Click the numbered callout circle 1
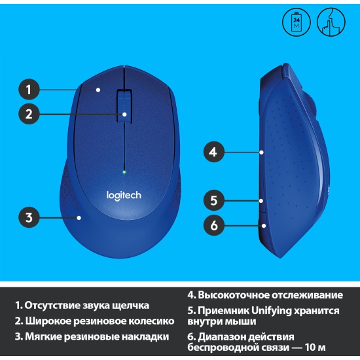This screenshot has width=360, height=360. [29, 89]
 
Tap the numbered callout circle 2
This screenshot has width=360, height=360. [29, 114]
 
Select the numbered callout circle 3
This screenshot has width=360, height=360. [29, 217]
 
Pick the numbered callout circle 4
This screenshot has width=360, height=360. [214, 152]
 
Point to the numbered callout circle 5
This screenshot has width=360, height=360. [214, 200]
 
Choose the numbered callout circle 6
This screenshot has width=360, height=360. [214, 225]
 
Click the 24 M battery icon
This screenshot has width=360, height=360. [297, 22]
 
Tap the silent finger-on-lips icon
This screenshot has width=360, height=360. [331, 22]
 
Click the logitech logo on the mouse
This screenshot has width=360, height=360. [124, 196]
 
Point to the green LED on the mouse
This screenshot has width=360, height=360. [124, 172]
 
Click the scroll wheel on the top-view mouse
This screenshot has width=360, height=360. [124, 107]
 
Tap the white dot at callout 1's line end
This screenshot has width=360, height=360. [98, 90]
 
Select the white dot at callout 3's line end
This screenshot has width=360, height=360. [79, 218]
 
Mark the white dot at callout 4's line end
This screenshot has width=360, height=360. [262, 153]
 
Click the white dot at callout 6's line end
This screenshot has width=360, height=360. [264, 226]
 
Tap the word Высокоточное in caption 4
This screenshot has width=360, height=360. [233, 295]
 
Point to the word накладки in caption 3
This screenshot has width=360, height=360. [145, 336]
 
